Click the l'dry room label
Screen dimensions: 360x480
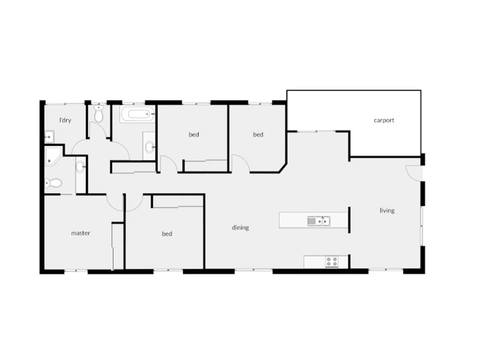click(x=65, y=120)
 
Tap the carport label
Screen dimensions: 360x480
click(x=384, y=120)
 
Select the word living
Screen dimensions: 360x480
click(x=387, y=210)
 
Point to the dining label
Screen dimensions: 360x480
click(x=240, y=228)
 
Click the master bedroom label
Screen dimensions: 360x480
click(x=80, y=233)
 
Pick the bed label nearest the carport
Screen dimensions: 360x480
click(x=258, y=134)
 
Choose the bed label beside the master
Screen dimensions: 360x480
click(x=167, y=234)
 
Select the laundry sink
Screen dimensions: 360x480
click(x=49, y=137)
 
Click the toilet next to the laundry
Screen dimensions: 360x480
click(x=99, y=114)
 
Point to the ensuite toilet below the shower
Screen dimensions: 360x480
click(x=52, y=183)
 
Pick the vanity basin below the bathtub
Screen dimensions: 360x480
click(x=150, y=147)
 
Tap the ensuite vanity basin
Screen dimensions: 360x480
click(x=80, y=166)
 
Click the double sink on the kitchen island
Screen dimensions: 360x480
click(x=319, y=221)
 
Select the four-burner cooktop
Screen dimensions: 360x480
click(x=332, y=262)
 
